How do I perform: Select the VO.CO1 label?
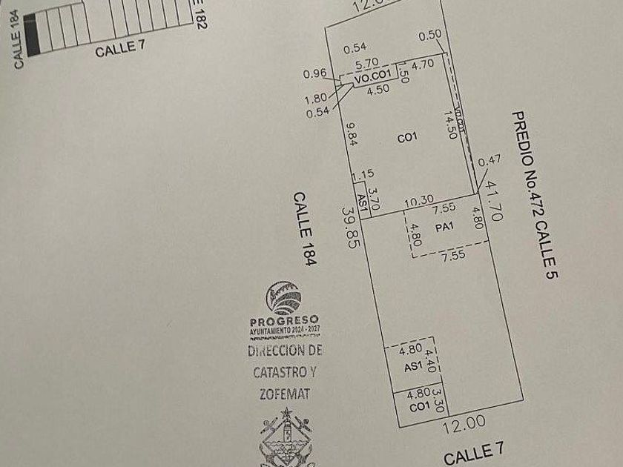[x=370, y=77]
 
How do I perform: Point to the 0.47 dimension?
[x=489, y=159]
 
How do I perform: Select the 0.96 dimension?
[x=315, y=73]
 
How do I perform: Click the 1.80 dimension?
[x=314, y=98]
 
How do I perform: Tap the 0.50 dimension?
[x=429, y=36]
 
